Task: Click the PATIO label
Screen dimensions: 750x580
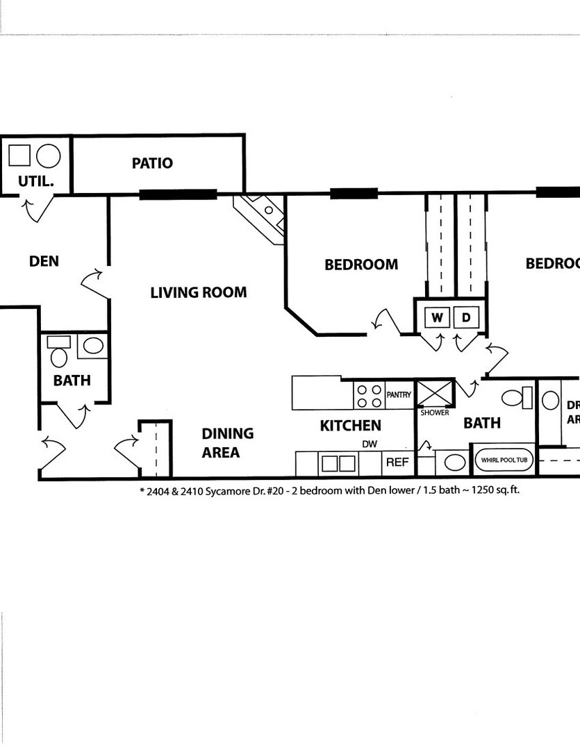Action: (x=152, y=163)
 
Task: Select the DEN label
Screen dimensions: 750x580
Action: (x=44, y=261)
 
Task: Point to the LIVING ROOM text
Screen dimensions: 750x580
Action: (x=198, y=292)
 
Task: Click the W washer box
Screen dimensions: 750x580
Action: (x=438, y=317)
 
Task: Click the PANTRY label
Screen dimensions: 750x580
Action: (x=399, y=394)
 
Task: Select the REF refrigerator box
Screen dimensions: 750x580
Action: (x=397, y=462)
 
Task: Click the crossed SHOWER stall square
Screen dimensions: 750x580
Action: (x=435, y=393)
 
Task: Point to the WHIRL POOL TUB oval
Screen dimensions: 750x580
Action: (x=504, y=459)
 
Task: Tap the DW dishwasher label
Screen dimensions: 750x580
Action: (x=369, y=444)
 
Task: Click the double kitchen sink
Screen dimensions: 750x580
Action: (x=337, y=463)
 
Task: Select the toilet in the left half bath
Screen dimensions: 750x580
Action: (x=60, y=357)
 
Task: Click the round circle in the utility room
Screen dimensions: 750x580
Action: (x=49, y=156)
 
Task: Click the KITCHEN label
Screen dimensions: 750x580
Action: (x=350, y=425)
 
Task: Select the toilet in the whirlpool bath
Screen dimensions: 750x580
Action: (x=515, y=398)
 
